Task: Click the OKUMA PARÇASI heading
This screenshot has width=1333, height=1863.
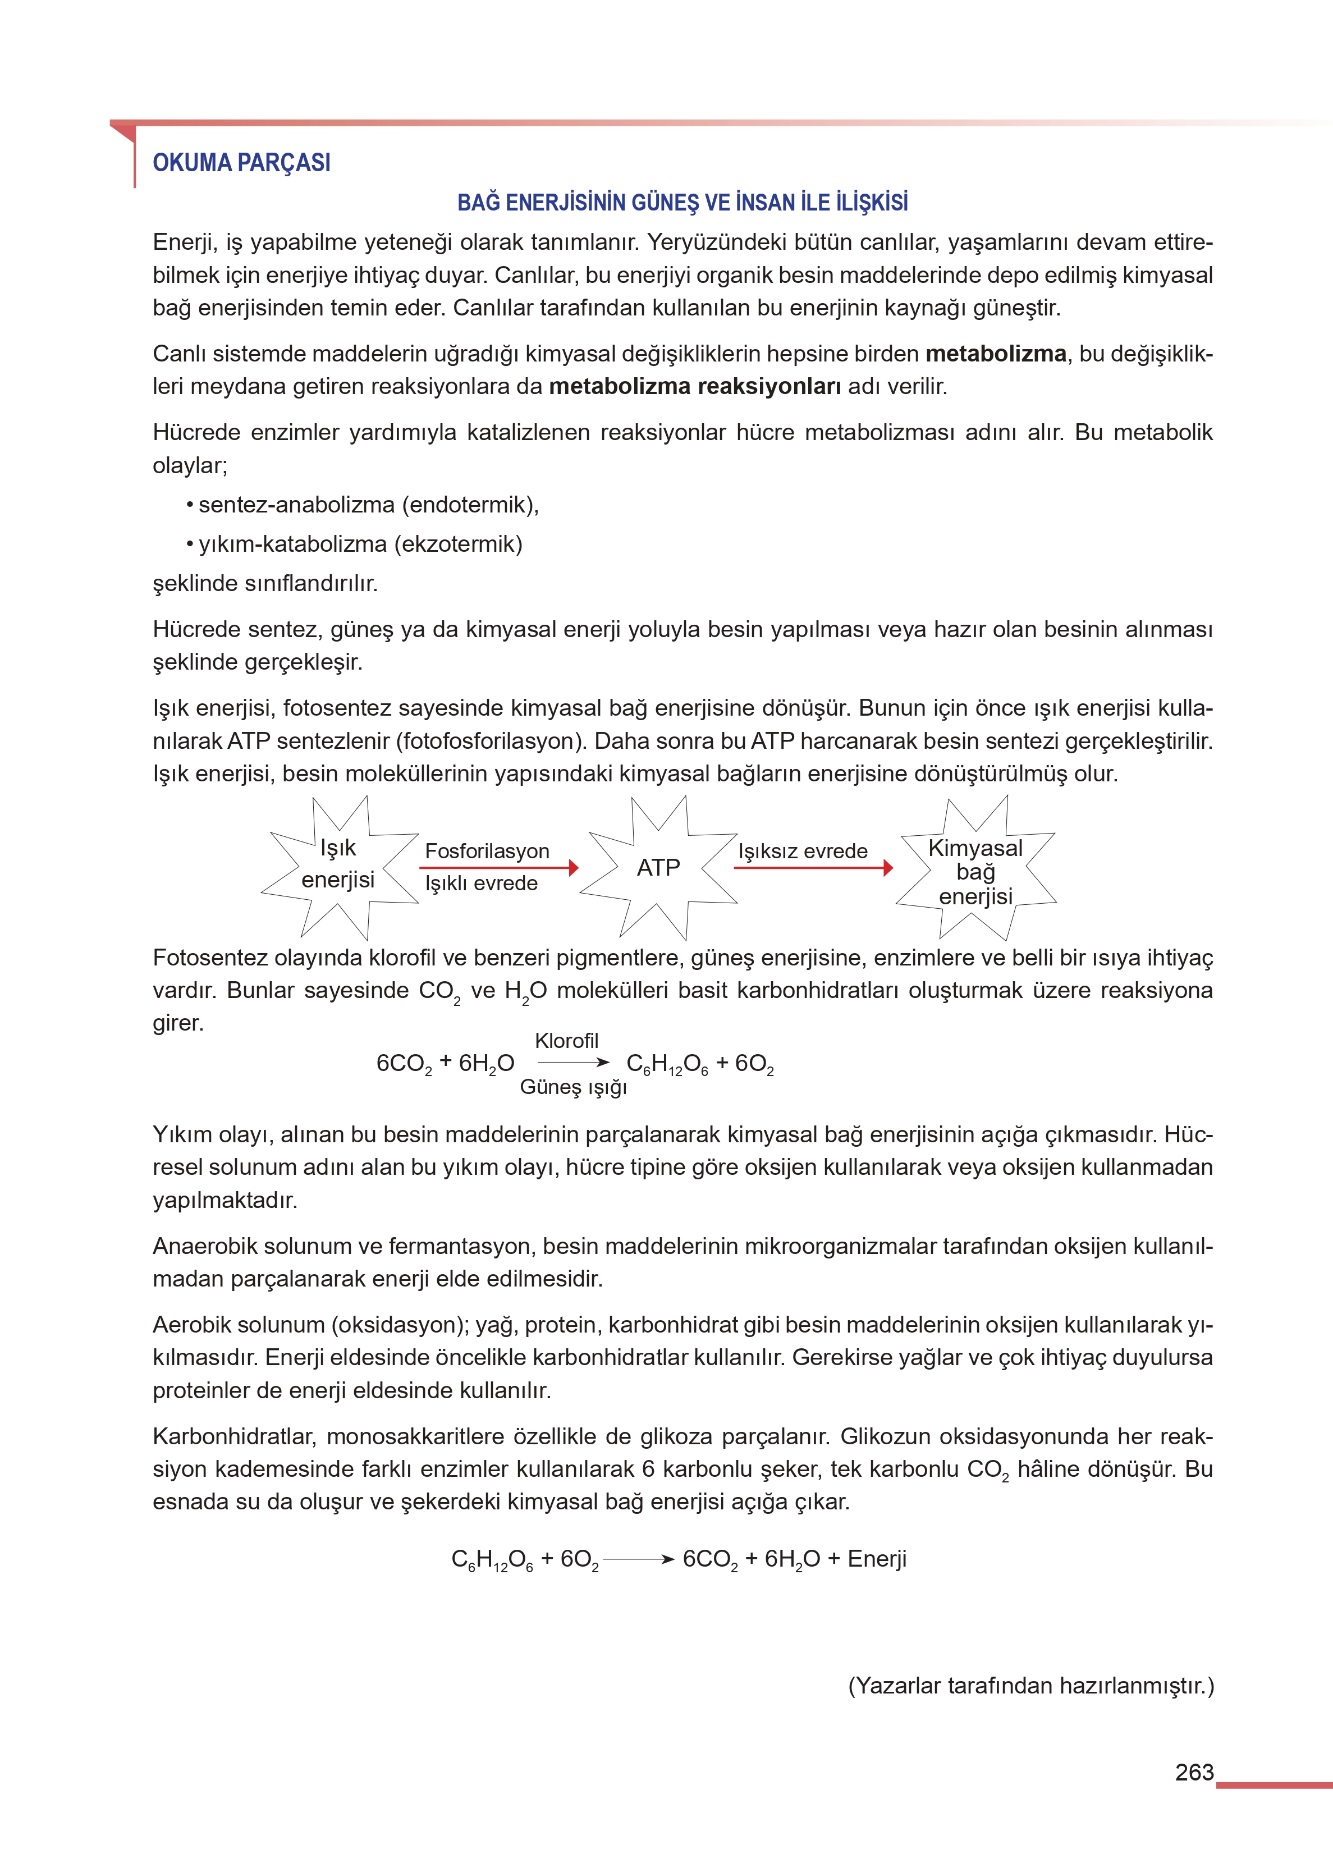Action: pos(241,162)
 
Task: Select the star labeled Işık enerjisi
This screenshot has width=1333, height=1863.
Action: pos(338,866)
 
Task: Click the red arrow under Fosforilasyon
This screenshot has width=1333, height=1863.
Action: pos(498,867)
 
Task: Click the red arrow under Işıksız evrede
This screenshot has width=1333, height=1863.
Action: pos(813,867)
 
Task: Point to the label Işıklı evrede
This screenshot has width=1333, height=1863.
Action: pos(481,884)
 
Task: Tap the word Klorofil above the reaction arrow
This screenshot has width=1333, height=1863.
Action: pos(566,1041)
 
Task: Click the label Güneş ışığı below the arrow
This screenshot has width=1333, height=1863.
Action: pos(573,1087)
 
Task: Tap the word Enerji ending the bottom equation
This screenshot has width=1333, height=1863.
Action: pos(877,1559)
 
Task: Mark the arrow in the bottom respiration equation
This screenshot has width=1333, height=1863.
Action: pos(639,1559)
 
